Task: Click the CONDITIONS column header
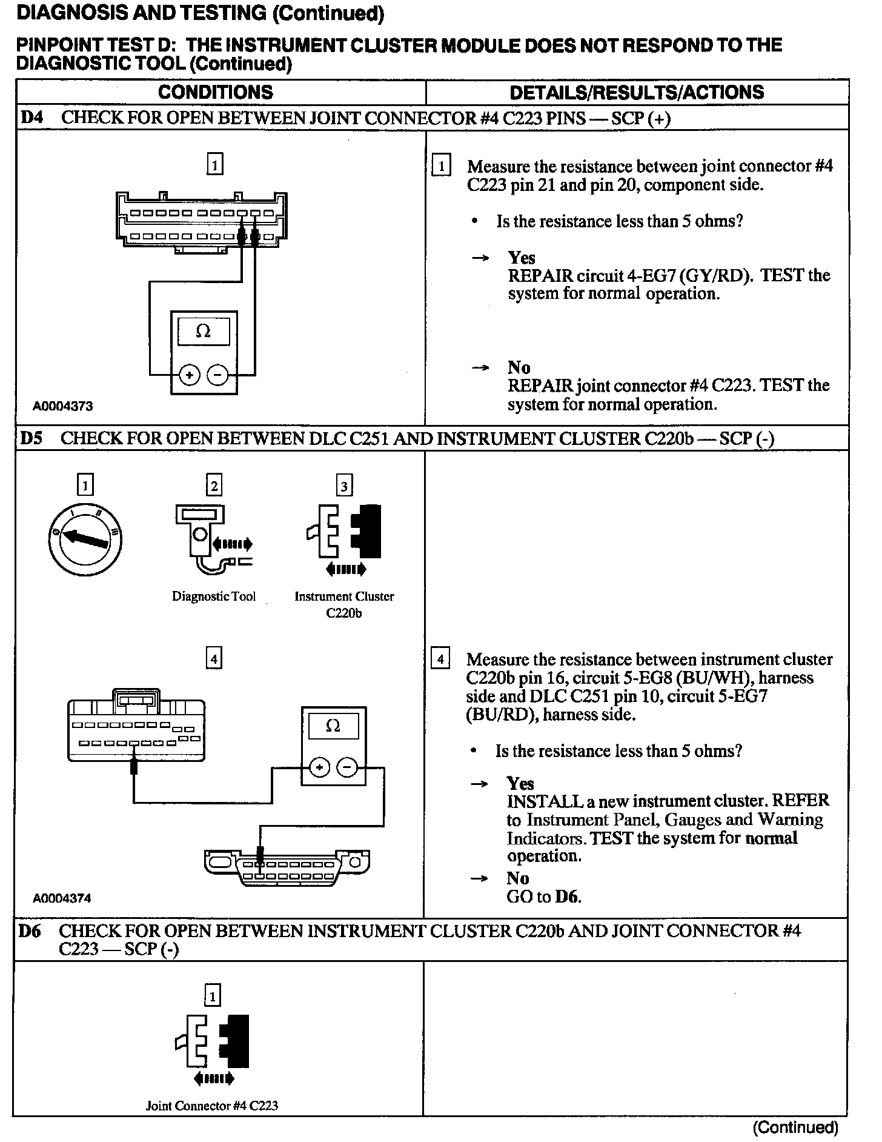[x=215, y=92]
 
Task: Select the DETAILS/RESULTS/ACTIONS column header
[x=637, y=92]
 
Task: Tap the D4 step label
[x=31, y=118]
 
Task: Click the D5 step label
[x=31, y=438]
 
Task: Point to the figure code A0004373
[x=63, y=406]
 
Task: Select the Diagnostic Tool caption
[x=214, y=596]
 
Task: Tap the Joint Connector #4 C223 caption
[x=212, y=1106]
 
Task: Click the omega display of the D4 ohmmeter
[x=204, y=332]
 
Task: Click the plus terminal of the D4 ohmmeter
[x=190, y=375]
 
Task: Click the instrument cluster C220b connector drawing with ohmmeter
[x=136, y=725]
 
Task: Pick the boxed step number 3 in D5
[x=344, y=486]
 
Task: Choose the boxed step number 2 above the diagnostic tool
[x=213, y=486]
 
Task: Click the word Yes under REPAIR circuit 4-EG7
[x=522, y=258]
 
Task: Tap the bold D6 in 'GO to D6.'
[x=567, y=897]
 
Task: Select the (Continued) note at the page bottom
[x=795, y=1127]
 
